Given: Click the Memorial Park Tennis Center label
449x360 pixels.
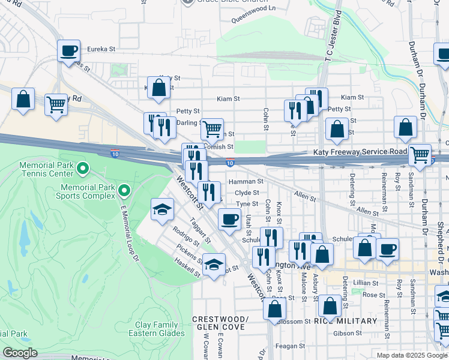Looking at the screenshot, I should coord(37,169).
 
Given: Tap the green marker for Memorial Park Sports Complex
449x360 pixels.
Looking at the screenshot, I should coord(125,191).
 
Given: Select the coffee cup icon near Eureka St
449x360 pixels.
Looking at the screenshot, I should coord(69,50).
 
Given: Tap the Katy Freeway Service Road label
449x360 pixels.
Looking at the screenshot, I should coord(360,152).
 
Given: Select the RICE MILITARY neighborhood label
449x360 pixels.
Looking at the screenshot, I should coord(346,321).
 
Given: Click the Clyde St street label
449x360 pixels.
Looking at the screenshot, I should coord(247,193).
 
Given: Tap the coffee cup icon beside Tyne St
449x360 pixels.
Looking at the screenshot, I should coord(229,219).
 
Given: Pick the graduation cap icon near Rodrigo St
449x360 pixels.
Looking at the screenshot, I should coord(161,209).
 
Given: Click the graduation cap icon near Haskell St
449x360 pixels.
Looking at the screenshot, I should coord(214,265).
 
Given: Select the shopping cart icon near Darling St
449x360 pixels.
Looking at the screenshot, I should coord(212,128).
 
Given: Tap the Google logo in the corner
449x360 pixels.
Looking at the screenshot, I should coord(20,353).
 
